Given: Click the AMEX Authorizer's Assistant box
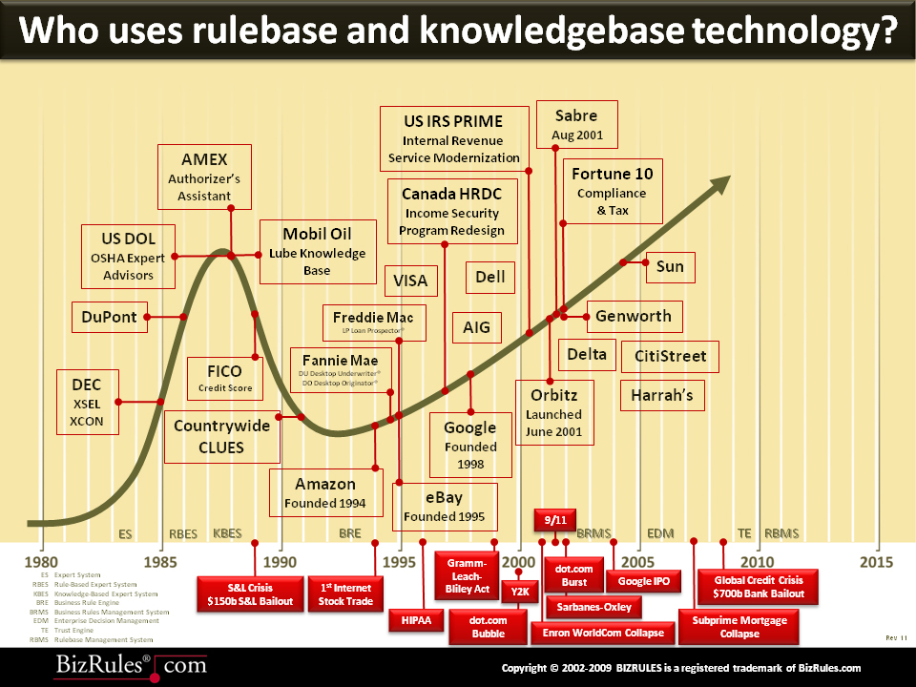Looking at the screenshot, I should click(204, 176).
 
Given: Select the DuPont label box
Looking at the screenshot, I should click(109, 317).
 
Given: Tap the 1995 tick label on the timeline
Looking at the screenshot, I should click(400, 562).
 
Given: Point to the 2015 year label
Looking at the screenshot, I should click(876, 562).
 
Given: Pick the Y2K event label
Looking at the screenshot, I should click(519, 592).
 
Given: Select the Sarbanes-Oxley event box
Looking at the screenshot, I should click(593, 606).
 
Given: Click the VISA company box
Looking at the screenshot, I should click(410, 281).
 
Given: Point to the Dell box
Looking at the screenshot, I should click(489, 278).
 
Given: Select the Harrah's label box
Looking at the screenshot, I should click(661, 394).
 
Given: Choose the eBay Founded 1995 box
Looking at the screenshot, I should click(445, 507).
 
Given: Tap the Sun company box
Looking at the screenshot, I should click(670, 266).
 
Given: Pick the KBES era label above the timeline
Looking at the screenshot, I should click(227, 533).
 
